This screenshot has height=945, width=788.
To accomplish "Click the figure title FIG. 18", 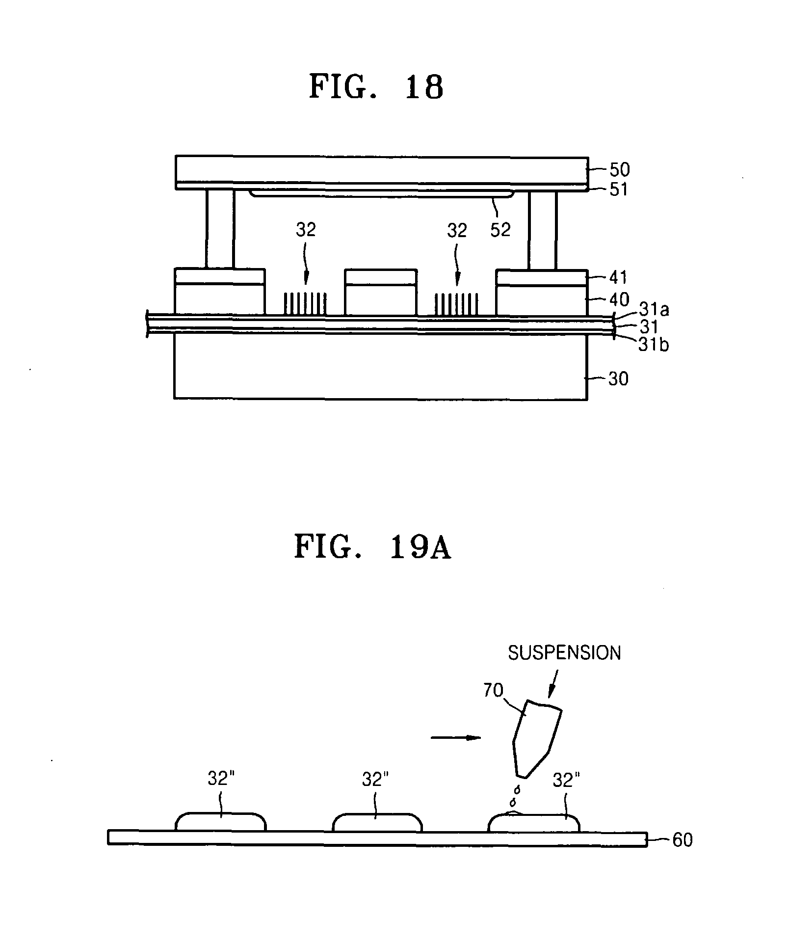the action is (376, 87).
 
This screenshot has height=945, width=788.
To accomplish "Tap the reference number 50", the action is (619, 169).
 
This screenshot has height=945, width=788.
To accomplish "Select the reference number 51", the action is (618, 189).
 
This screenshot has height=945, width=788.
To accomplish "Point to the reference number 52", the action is (500, 229).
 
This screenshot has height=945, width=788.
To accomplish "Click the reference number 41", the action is (618, 277).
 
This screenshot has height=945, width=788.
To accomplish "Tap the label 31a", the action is (654, 309).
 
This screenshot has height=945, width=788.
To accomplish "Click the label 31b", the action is (654, 345).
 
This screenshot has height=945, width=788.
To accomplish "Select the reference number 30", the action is (618, 378).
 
